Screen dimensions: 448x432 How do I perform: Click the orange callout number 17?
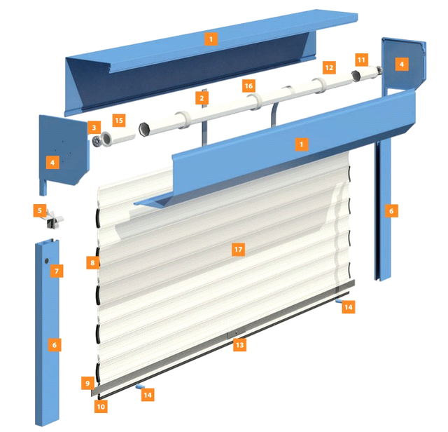[238, 250]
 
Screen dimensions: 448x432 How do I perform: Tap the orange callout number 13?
[239, 345]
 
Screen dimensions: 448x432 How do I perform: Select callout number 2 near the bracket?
[202, 98]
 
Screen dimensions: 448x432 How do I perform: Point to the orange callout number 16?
[248, 86]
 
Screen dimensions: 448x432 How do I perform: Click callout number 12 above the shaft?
[329, 67]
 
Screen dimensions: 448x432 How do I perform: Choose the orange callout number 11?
[361, 60]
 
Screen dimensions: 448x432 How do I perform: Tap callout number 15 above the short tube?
[119, 121]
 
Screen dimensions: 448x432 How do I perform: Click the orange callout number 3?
[94, 128]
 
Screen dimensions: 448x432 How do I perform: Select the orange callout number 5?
[40, 210]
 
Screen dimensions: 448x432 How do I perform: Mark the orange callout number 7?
[57, 271]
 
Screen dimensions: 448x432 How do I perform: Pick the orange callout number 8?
[92, 262]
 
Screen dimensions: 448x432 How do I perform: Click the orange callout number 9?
[87, 383]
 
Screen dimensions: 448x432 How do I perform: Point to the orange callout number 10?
[101, 407]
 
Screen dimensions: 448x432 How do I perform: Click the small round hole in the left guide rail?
[47, 261]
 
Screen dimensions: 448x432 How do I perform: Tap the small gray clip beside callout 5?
[55, 220]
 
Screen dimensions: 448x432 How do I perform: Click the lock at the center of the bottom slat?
[236, 333]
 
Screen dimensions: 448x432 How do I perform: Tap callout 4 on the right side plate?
[402, 64]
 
